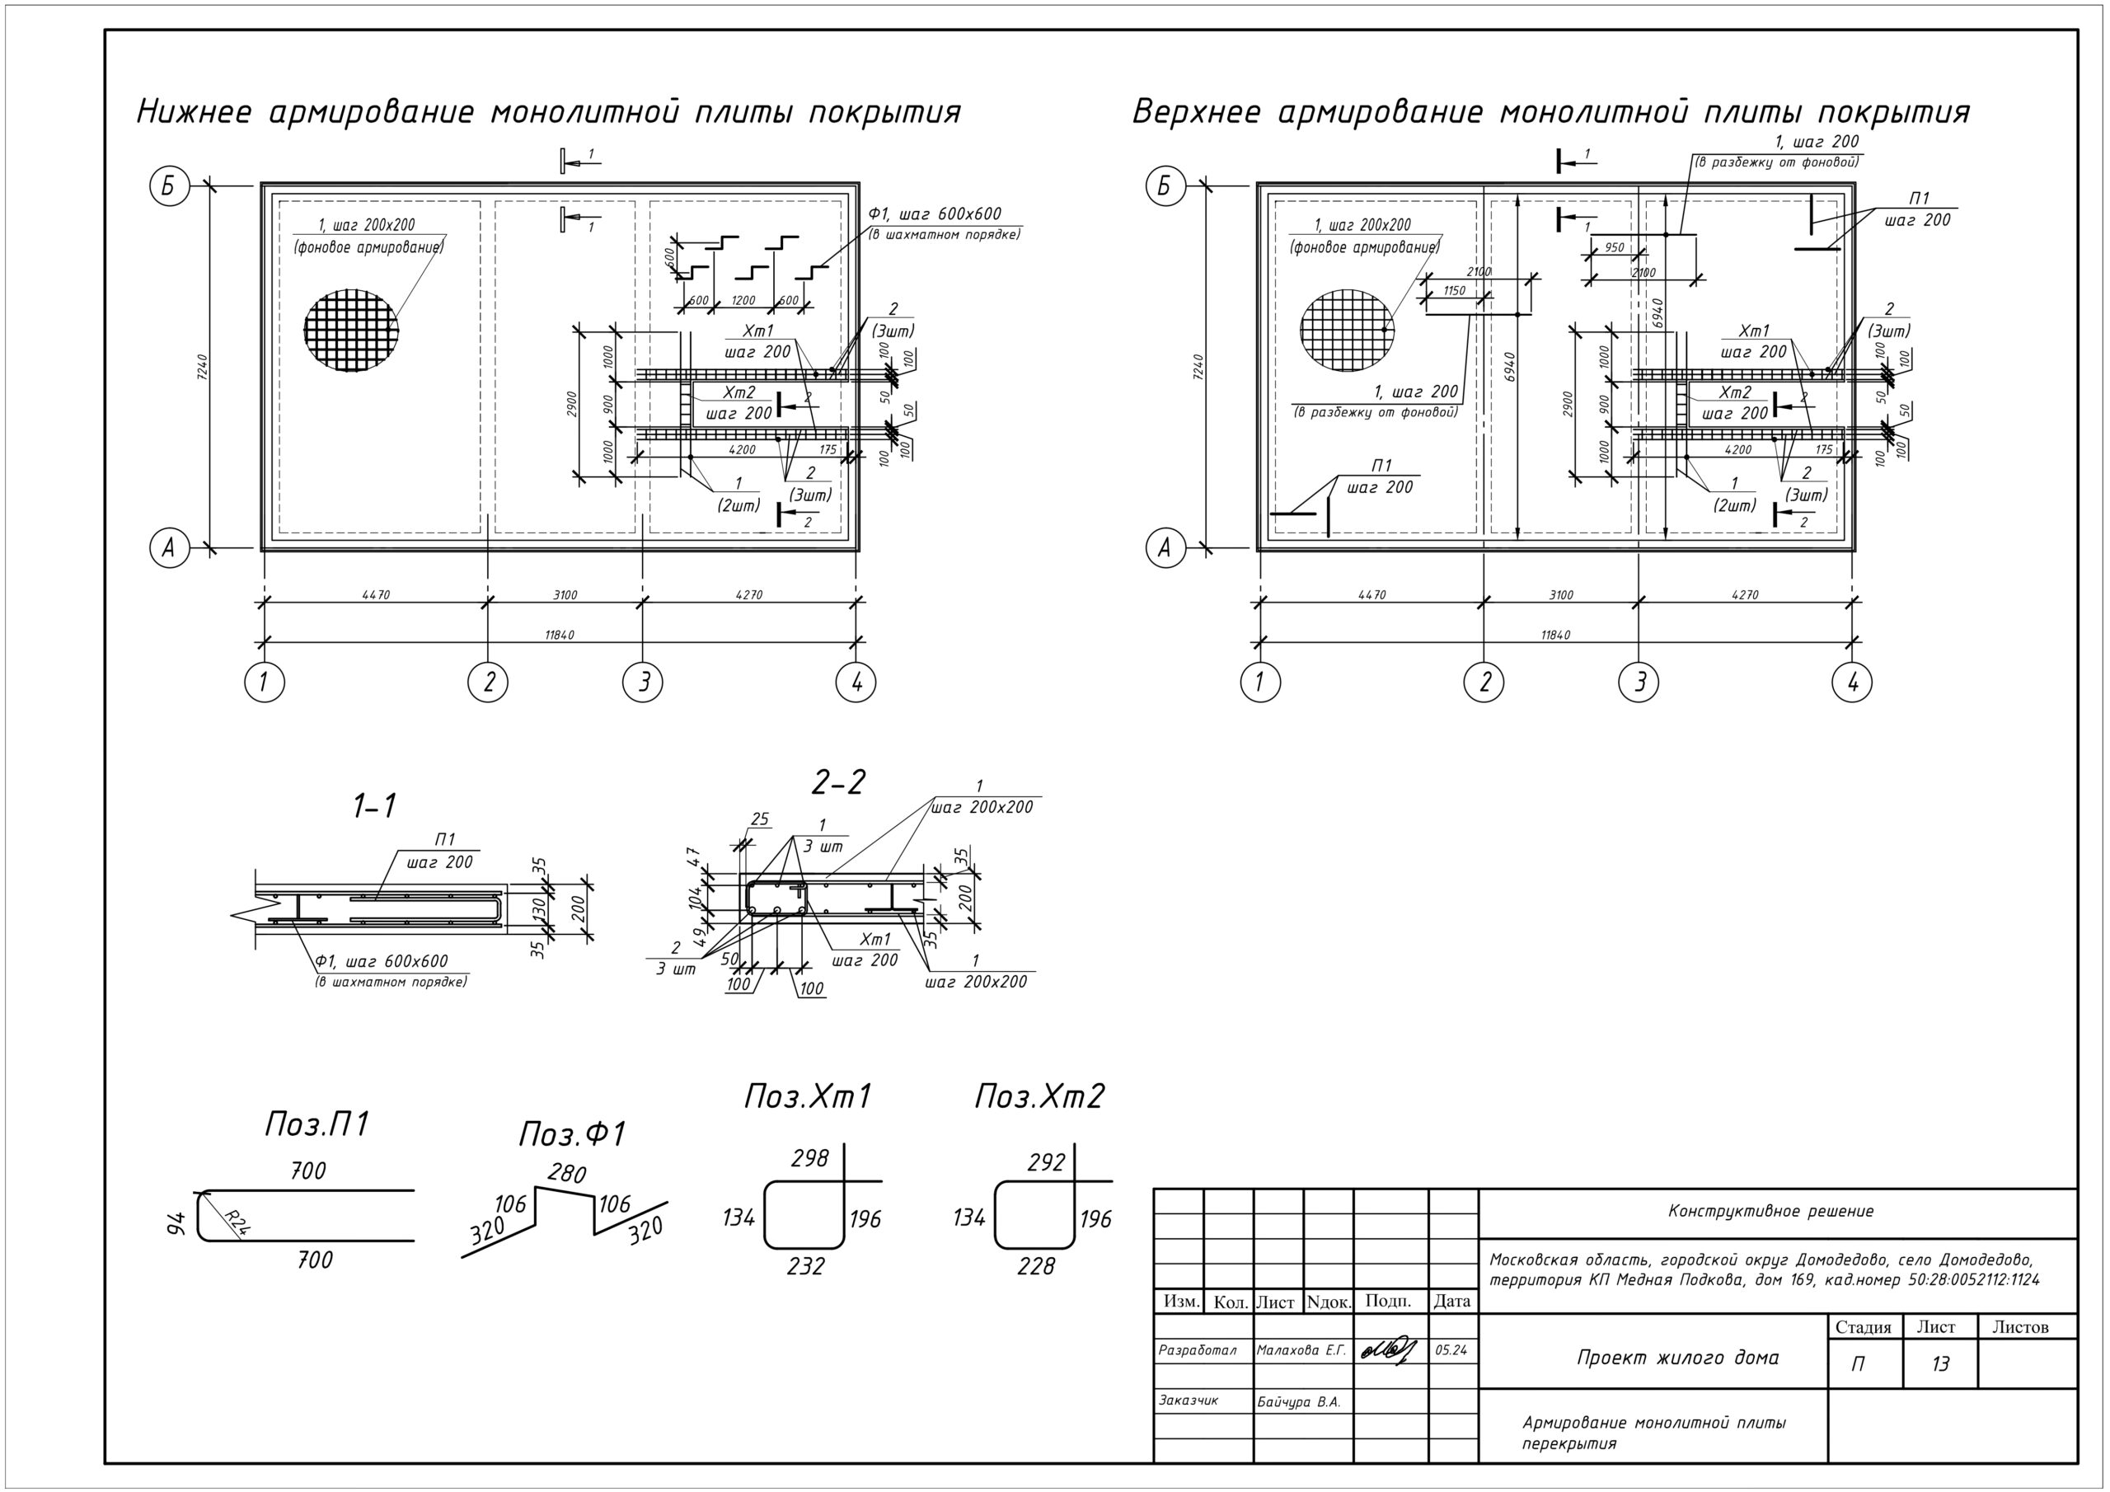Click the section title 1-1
[374, 806]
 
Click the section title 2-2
[838, 782]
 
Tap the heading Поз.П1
[316, 1124]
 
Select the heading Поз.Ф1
[572, 1134]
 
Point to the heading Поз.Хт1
[807, 1096]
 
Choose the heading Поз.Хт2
[1039, 1096]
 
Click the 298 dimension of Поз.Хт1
[809, 1158]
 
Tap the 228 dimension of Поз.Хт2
[1036, 1267]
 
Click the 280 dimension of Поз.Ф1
[566, 1173]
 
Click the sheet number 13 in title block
[1939, 1364]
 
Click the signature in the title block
[1389, 1350]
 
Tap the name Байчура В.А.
[1298, 1402]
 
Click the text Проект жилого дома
[1677, 1358]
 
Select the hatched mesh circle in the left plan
[351, 329]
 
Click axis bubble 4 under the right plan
[1852, 682]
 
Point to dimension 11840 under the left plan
[559, 636]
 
